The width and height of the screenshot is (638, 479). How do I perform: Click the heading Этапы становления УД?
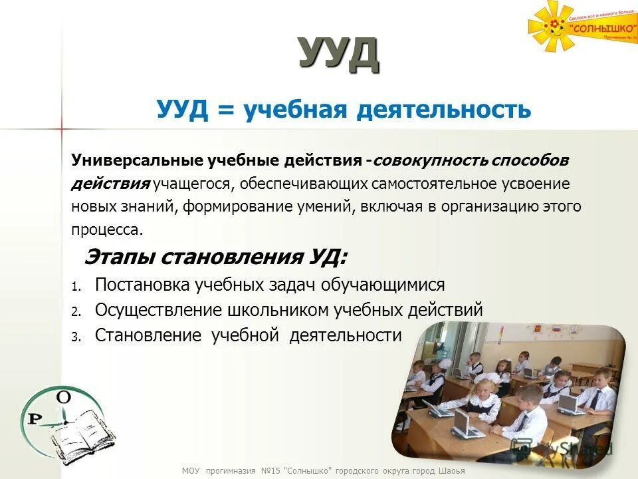(x=215, y=257)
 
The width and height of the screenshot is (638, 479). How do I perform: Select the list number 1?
(x=75, y=287)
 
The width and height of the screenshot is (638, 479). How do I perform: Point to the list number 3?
(x=75, y=337)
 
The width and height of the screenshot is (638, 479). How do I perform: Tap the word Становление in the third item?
(x=148, y=335)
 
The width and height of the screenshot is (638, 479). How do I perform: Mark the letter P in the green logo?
(x=32, y=418)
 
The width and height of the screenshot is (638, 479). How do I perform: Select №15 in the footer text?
(x=270, y=471)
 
